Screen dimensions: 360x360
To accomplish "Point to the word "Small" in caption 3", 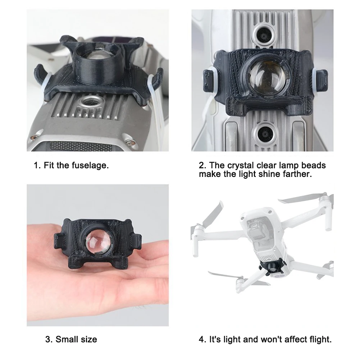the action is click(x=66, y=339).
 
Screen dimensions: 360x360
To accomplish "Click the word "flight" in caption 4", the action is click(x=320, y=339).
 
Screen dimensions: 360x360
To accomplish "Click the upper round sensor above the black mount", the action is click(x=264, y=36).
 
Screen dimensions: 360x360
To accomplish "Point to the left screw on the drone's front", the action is click(x=35, y=137).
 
